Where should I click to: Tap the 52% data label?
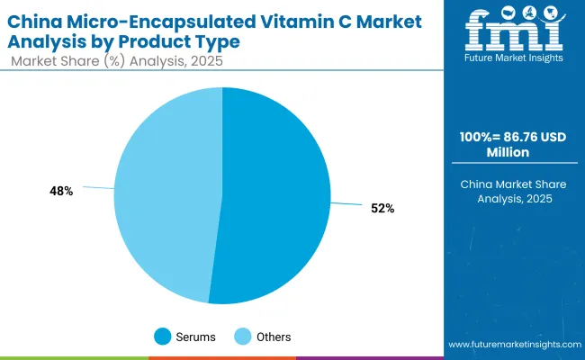tap(382, 208)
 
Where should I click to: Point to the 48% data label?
tap(61, 191)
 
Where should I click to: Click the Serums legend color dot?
tap(162, 337)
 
